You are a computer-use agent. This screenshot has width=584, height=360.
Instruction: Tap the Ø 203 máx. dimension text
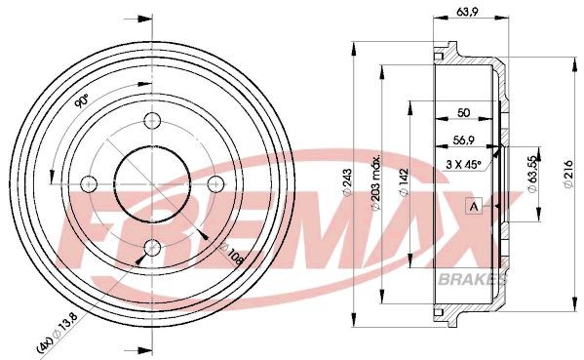click(375, 182)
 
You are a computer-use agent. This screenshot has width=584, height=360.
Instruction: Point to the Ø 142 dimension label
click(403, 182)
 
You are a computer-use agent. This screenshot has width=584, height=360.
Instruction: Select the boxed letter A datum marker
click(474, 206)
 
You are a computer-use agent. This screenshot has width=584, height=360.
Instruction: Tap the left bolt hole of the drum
click(90, 183)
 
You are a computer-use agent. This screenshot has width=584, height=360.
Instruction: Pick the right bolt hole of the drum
click(215, 183)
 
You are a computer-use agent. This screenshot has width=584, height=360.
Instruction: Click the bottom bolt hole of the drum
click(152, 246)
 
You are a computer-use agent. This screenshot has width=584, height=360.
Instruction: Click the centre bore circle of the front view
click(152, 182)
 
